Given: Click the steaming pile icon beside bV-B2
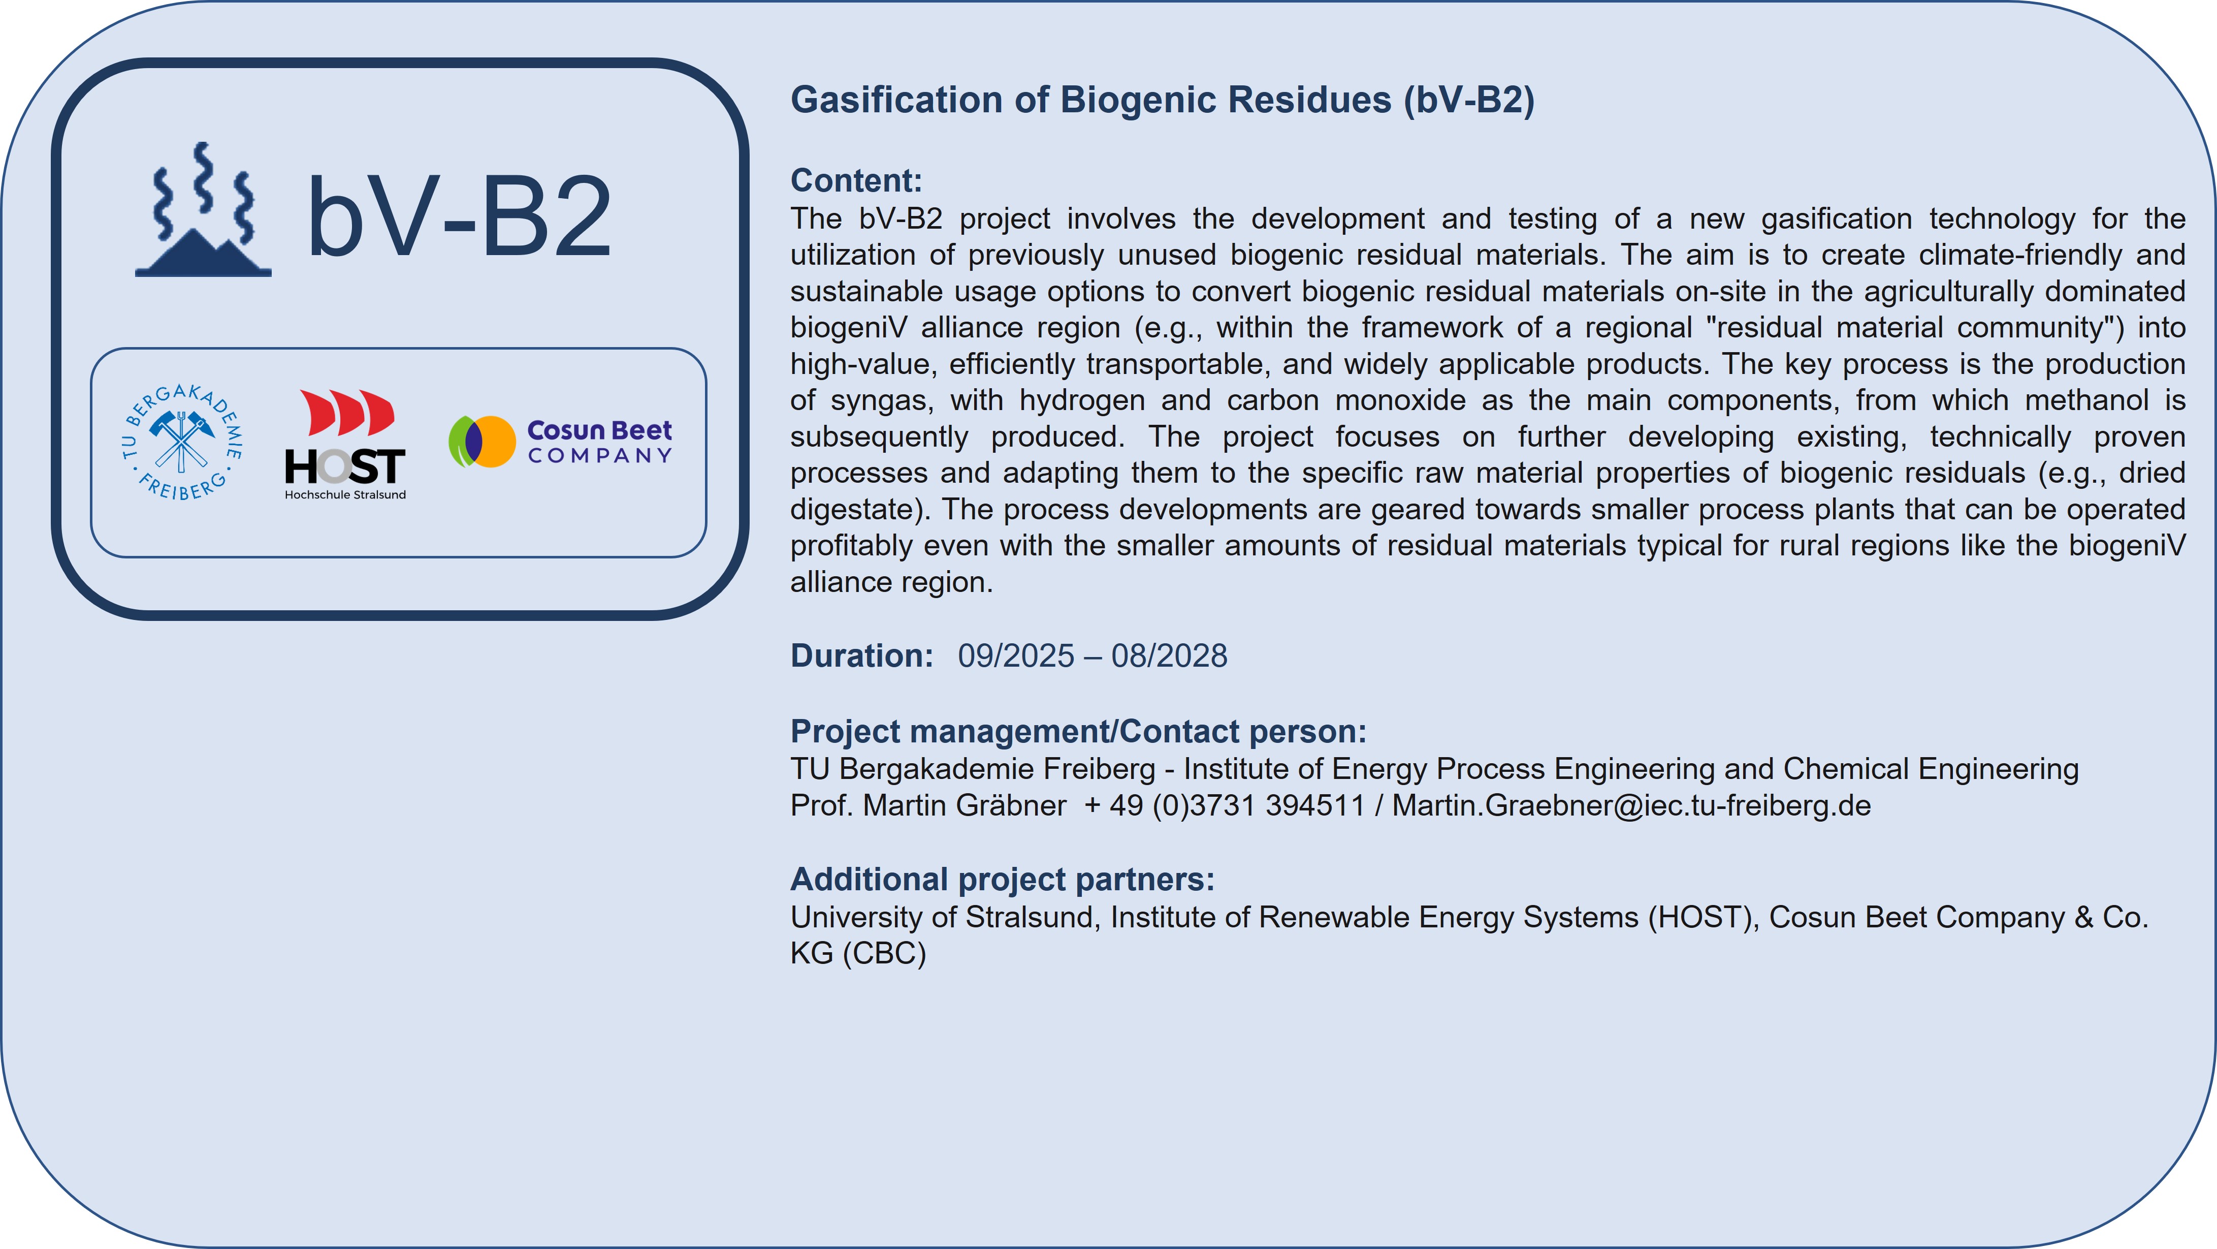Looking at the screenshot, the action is (203, 209).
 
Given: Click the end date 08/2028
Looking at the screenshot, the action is (1169, 656).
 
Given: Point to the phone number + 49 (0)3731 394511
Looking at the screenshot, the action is (1225, 806).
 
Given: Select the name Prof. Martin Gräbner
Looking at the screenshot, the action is (928, 806).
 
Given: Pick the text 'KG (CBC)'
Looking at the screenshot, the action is (858, 954).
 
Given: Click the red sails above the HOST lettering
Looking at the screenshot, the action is (347, 412).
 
